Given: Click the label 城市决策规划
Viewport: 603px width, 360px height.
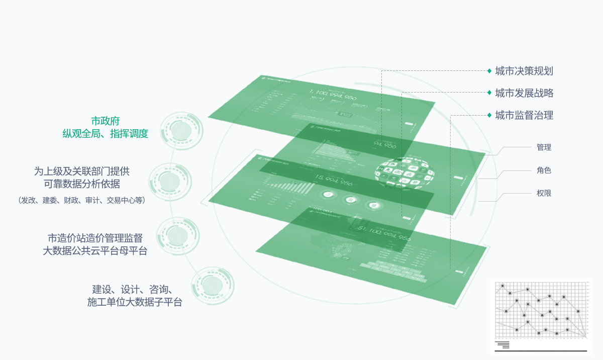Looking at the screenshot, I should (524, 71).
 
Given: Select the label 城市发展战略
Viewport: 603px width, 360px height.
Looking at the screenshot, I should (524, 93).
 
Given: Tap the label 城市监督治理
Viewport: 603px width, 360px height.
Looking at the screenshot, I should (524, 115).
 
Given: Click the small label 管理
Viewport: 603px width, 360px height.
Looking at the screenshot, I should (544, 147).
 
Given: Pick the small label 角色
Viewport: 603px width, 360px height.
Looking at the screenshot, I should (544, 170).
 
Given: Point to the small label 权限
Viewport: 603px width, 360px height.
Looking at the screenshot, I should (544, 193).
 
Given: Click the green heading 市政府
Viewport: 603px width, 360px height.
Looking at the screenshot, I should (105, 121).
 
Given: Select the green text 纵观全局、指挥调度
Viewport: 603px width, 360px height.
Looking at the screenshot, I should (105, 134).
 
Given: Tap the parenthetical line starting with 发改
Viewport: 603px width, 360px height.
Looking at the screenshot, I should (82, 200).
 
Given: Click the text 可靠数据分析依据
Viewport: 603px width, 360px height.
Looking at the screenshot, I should (82, 184).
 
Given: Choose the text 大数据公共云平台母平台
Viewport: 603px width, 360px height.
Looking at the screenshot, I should (95, 251).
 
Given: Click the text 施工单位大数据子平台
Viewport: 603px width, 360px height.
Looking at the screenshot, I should (135, 302).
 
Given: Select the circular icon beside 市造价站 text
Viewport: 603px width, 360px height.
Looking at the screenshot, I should (178, 235).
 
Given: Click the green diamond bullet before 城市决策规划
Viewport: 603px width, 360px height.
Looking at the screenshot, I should (489, 71).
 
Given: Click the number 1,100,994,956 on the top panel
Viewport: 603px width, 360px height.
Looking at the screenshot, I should (333, 94).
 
